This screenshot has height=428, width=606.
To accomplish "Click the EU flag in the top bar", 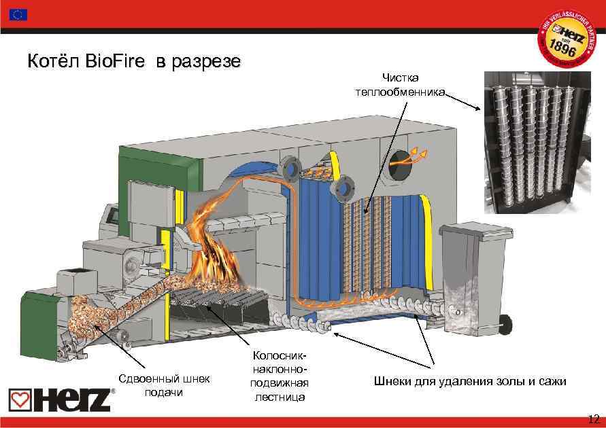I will (x=19, y=14).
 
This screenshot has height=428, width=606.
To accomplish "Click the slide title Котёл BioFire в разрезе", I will (x=133, y=63).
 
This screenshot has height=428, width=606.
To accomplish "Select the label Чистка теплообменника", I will (x=399, y=86).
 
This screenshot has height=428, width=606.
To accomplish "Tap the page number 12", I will (x=592, y=418).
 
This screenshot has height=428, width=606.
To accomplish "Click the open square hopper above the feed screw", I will (x=75, y=281).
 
